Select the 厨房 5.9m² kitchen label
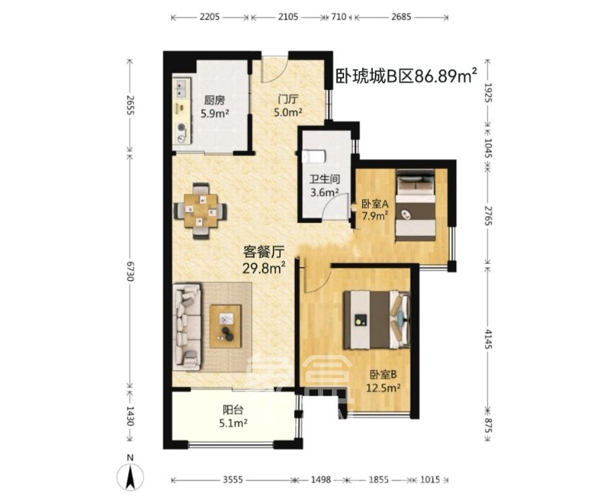click(215, 107)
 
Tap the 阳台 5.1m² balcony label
click(234, 416)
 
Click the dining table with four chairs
click(200, 211)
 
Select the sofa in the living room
click(186, 326)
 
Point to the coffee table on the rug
click(225, 327)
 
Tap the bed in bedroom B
click(376, 319)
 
